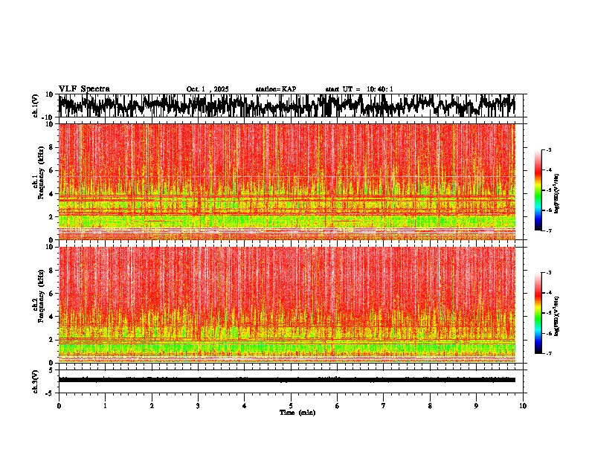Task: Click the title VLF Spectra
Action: [x=84, y=89]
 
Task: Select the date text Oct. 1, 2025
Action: [x=208, y=89]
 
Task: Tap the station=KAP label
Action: [x=276, y=89]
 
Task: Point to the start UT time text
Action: [x=359, y=89]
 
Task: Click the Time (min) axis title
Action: [x=297, y=412]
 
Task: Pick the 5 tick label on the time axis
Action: [x=291, y=405]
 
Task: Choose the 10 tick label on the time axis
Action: [x=523, y=405]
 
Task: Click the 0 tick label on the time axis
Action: [x=59, y=405]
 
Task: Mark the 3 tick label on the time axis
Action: [x=198, y=405]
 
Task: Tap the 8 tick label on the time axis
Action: [x=430, y=405]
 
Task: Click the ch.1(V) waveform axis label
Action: [x=36, y=106]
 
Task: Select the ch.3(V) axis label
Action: [x=36, y=379]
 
